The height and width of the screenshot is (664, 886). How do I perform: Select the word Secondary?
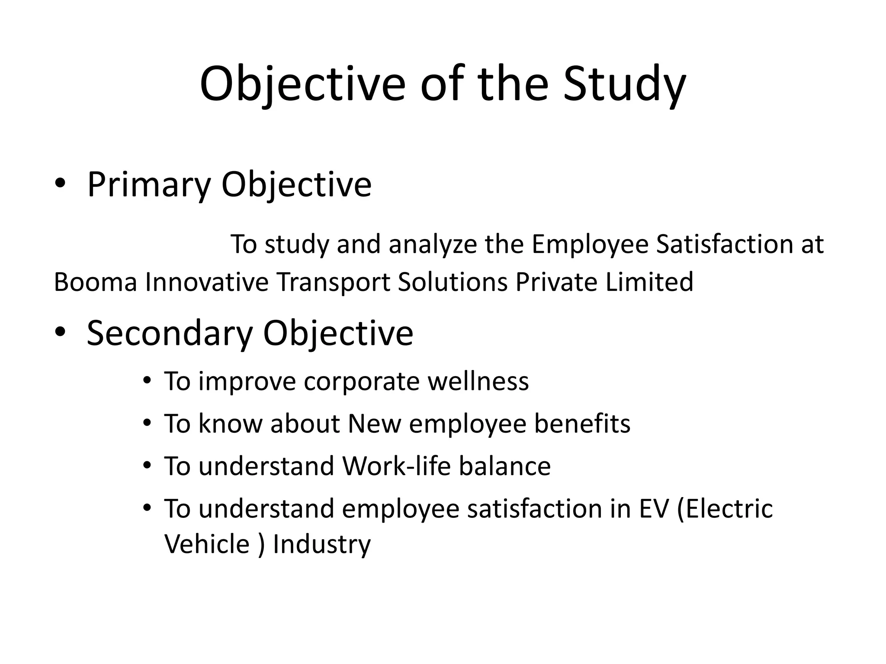(169, 333)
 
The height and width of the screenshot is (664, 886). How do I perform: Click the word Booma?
(95, 282)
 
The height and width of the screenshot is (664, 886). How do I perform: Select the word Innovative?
(207, 282)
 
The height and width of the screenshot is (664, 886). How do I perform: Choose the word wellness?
(478, 381)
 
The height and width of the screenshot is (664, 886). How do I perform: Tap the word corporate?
(361, 382)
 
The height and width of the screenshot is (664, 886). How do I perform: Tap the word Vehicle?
(207, 544)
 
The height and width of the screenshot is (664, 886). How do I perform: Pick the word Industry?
(322, 545)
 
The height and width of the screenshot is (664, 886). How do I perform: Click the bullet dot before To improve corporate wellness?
(147, 380)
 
